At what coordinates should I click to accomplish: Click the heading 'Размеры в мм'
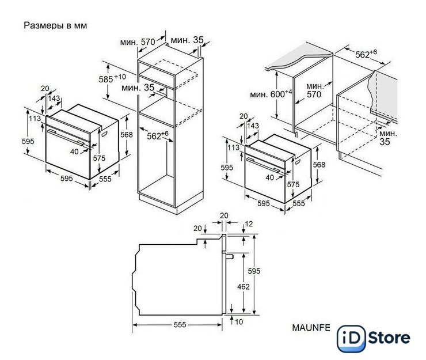[x=55, y=25]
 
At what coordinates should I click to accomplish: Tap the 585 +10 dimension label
[x=112, y=78]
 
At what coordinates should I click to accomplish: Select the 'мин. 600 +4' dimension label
[x=271, y=94]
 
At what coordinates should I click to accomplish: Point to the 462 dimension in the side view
[x=243, y=287]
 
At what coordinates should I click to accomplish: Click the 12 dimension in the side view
[x=249, y=224]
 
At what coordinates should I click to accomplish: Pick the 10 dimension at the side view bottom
[x=239, y=322]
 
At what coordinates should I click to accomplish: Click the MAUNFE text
[x=311, y=328]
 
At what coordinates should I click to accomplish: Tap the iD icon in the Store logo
[x=351, y=339]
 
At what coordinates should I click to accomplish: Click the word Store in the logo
[x=389, y=338]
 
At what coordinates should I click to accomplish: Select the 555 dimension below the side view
[x=180, y=325]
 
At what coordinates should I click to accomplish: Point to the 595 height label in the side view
[x=254, y=271]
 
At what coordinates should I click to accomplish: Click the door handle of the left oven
[x=66, y=137]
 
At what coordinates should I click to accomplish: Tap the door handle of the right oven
[x=263, y=165]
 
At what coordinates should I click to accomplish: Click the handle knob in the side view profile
[x=229, y=256]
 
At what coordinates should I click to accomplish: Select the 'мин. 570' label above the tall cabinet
[x=138, y=42]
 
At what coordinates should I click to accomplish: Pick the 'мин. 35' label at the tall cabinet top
[x=187, y=40]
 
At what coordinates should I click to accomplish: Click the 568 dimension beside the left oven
[x=127, y=135]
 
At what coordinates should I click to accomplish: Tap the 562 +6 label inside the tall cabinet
[x=158, y=135]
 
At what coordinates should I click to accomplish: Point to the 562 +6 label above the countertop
[x=366, y=54]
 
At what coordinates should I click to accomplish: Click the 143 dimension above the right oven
[x=253, y=126]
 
